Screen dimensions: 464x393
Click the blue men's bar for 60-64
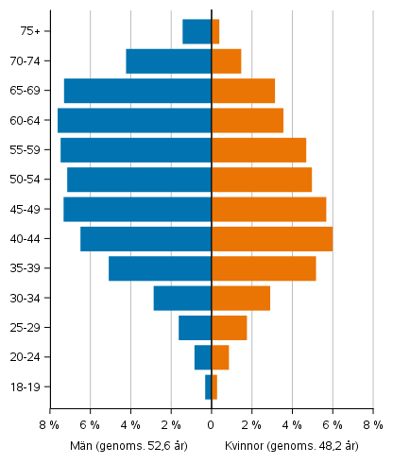coord(134,120)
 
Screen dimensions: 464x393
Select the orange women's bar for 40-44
coord(272,239)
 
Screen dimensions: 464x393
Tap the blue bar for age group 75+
coord(196,31)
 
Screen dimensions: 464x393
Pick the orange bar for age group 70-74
coord(226,61)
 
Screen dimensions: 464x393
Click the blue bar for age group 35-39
coord(160,268)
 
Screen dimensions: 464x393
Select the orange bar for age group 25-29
coord(229,328)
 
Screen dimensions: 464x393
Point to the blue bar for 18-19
coord(208,387)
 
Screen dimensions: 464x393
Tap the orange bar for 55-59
coord(259,150)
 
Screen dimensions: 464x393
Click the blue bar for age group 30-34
coord(182,299)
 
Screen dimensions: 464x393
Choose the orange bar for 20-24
coord(220,357)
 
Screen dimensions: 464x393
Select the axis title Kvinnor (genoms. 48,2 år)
coord(292,446)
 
